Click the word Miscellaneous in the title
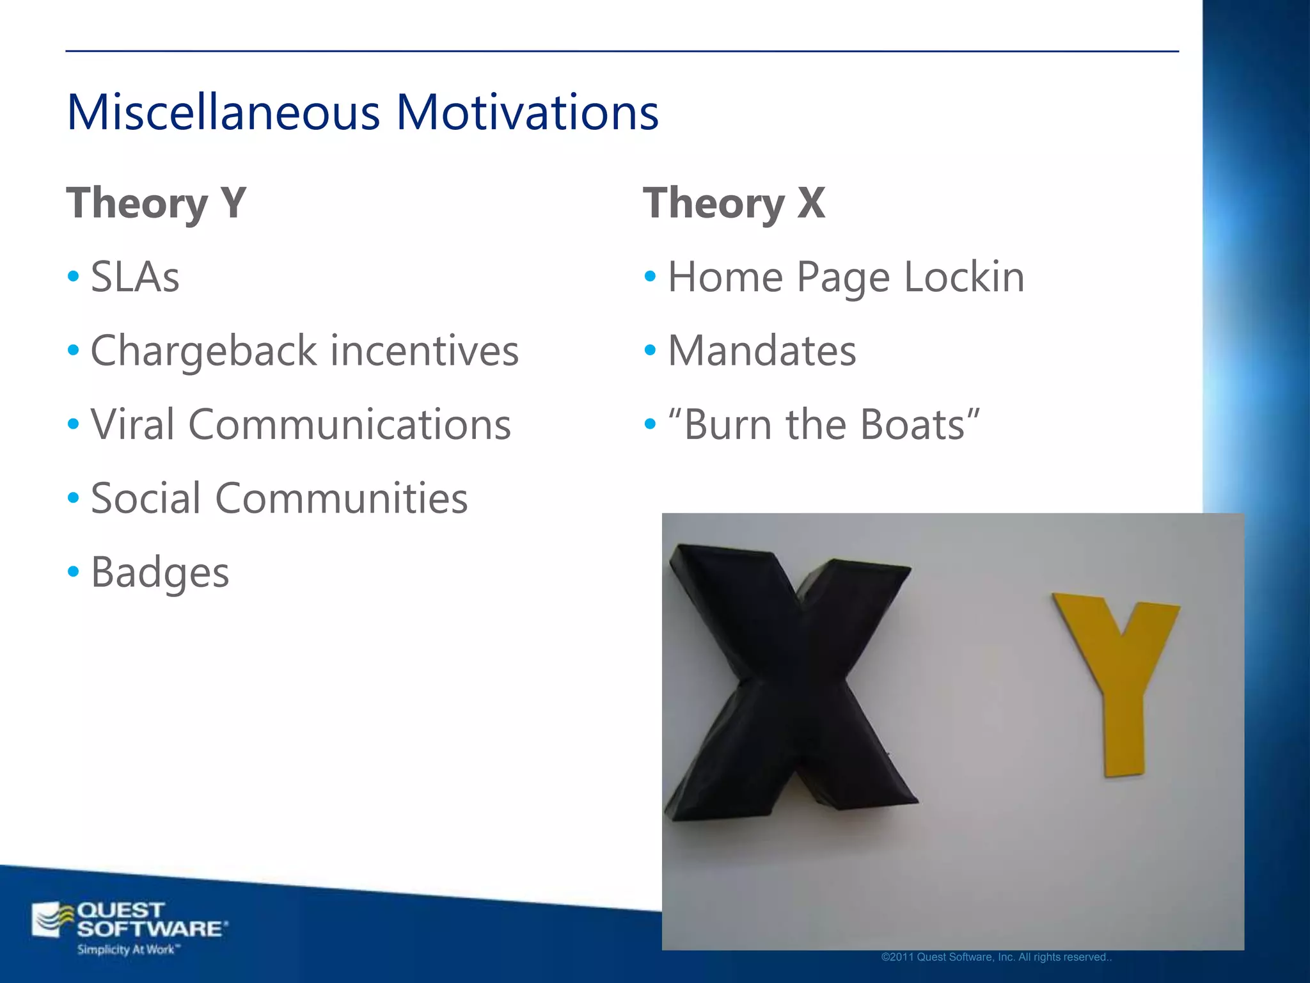[x=223, y=112]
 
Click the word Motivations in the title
[x=527, y=112]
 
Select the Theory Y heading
[x=156, y=203]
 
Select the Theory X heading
[x=734, y=203]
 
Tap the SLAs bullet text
[x=135, y=277]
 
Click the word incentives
[x=424, y=351]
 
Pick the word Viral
[x=132, y=424]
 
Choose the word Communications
[x=349, y=424]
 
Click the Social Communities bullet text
[x=279, y=498]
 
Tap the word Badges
[x=160, y=572]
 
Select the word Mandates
[x=762, y=351]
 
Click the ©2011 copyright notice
[x=997, y=957]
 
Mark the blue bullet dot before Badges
[x=74, y=570]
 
